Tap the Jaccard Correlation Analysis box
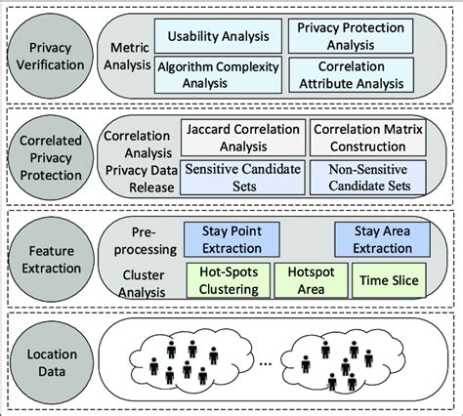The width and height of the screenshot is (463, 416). click(242, 137)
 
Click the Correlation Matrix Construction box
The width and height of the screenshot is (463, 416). click(368, 137)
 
